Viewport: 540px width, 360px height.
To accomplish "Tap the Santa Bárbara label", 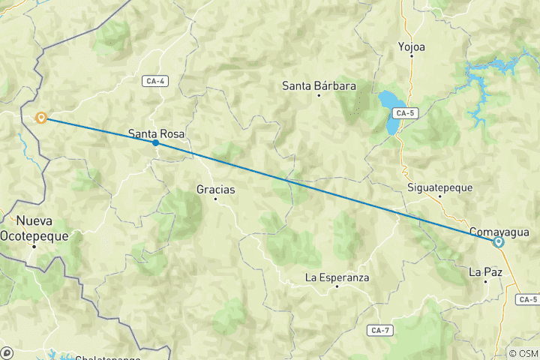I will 319,86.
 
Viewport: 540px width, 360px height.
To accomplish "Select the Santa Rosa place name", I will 156,134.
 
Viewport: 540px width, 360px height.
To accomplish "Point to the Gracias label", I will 215,190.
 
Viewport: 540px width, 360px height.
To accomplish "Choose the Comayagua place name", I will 499,232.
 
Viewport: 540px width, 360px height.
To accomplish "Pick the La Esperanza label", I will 337,277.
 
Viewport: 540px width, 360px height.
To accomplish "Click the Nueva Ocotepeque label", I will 42,229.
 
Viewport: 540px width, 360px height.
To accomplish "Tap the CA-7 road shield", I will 380,330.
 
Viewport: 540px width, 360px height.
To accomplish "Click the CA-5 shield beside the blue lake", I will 406,113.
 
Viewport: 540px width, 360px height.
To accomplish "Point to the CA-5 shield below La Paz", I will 527,299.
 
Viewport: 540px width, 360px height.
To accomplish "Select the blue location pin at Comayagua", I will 498,242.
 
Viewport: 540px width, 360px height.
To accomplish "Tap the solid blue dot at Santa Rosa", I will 155,142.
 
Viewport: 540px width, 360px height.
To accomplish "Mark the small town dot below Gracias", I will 216,199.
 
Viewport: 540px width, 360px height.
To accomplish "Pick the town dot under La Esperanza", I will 337,286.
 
